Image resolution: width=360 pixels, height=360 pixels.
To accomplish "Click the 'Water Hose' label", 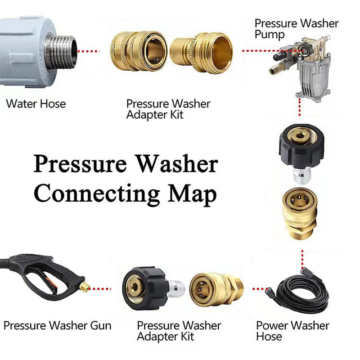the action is pyautogui.click(x=36, y=104).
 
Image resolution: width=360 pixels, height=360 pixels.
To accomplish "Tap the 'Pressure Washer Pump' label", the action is pyautogui.click(x=297, y=29).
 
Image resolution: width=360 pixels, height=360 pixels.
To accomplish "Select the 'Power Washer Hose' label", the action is pyautogui.click(x=293, y=331).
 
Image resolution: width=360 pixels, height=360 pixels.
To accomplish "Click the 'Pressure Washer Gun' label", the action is pyautogui.click(x=58, y=325).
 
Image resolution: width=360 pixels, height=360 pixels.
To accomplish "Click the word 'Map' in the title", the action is pyautogui.click(x=192, y=194).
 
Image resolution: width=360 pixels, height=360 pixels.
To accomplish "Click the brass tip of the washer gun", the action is pyautogui.click(x=85, y=287).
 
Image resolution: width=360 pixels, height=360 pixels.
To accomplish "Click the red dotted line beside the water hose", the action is pyautogui.click(x=88, y=51).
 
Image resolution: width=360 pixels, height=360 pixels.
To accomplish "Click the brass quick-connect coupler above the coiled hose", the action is pyautogui.click(x=300, y=213).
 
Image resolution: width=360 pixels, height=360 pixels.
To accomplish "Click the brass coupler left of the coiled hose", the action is pyautogui.click(x=216, y=289).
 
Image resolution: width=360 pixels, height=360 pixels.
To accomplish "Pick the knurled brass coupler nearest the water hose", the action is pyautogui.click(x=139, y=51).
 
